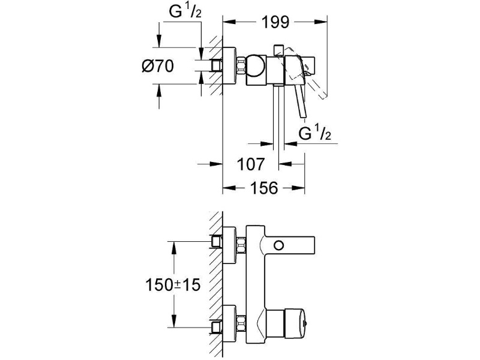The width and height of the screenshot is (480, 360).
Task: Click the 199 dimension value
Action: click(275, 22)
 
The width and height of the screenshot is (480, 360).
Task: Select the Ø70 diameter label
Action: click(158, 66)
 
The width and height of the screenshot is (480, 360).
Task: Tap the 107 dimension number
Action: click(250, 164)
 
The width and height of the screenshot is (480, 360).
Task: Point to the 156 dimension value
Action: click(264, 188)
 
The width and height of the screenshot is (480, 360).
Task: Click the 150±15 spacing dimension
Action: click(173, 285)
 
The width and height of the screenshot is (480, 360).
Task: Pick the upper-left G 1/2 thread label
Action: click(185, 12)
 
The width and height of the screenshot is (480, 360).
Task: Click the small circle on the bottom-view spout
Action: click(279, 245)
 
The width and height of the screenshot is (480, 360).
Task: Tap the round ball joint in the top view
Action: click(257, 65)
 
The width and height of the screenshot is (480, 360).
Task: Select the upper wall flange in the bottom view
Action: click(230, 245)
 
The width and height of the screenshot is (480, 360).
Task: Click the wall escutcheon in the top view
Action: click(230, 65)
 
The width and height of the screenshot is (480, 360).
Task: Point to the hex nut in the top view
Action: click(241, 65)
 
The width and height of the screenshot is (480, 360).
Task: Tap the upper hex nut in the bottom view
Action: click(241, 245)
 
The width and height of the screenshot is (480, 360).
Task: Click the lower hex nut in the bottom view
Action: click(241, 323)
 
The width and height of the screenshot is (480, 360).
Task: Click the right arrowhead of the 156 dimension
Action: click(298, 188)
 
